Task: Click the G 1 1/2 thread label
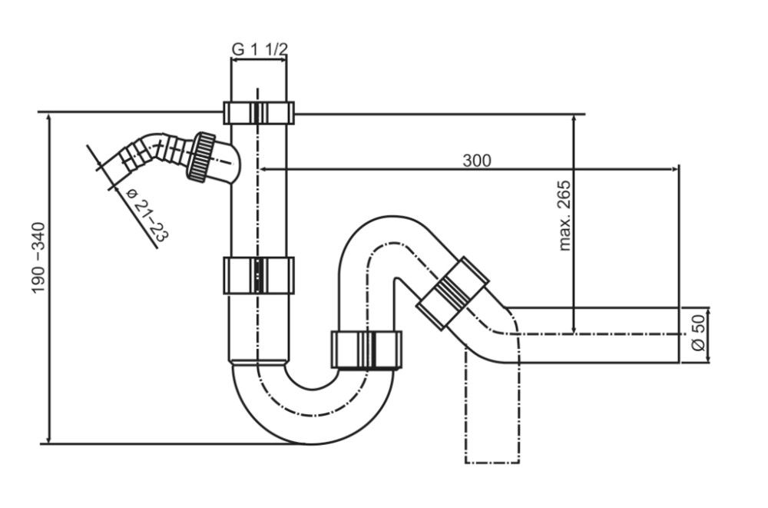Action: click(259, 48)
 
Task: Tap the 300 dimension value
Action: click(476, 160)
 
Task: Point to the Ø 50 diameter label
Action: click(697, 333)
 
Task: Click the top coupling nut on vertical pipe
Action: click(259, 112)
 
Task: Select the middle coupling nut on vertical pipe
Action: click(259, 275)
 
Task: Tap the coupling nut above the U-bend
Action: click(366, 350)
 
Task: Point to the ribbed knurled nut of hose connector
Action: click(204, 156)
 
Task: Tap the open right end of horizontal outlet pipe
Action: click(679, 334)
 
